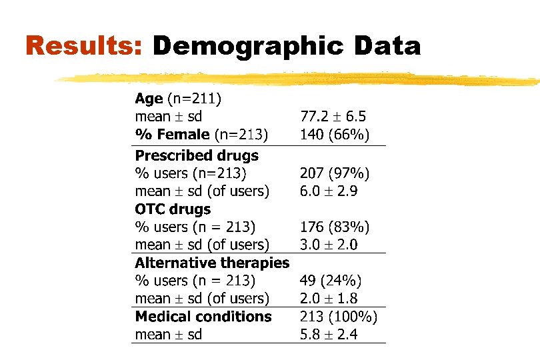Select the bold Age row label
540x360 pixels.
tap(149, 99)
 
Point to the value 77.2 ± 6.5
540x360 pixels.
tap(333, 117)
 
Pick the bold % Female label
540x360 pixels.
tap(173, 135)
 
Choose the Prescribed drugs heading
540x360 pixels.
tap(197, 156)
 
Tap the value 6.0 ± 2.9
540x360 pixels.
tap(329, 191)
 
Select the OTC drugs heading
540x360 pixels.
tap(173, 209)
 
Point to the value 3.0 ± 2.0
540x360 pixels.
tap(329, 245)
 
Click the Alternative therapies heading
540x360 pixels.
tap(212, 263)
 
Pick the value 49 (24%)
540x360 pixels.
tap(331, 281)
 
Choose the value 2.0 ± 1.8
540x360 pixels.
tap(329, 299)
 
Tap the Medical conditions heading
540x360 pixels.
tap(203, 317)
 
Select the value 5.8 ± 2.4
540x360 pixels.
tap(329, 335)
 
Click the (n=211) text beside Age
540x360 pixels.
tap(194, 99)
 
